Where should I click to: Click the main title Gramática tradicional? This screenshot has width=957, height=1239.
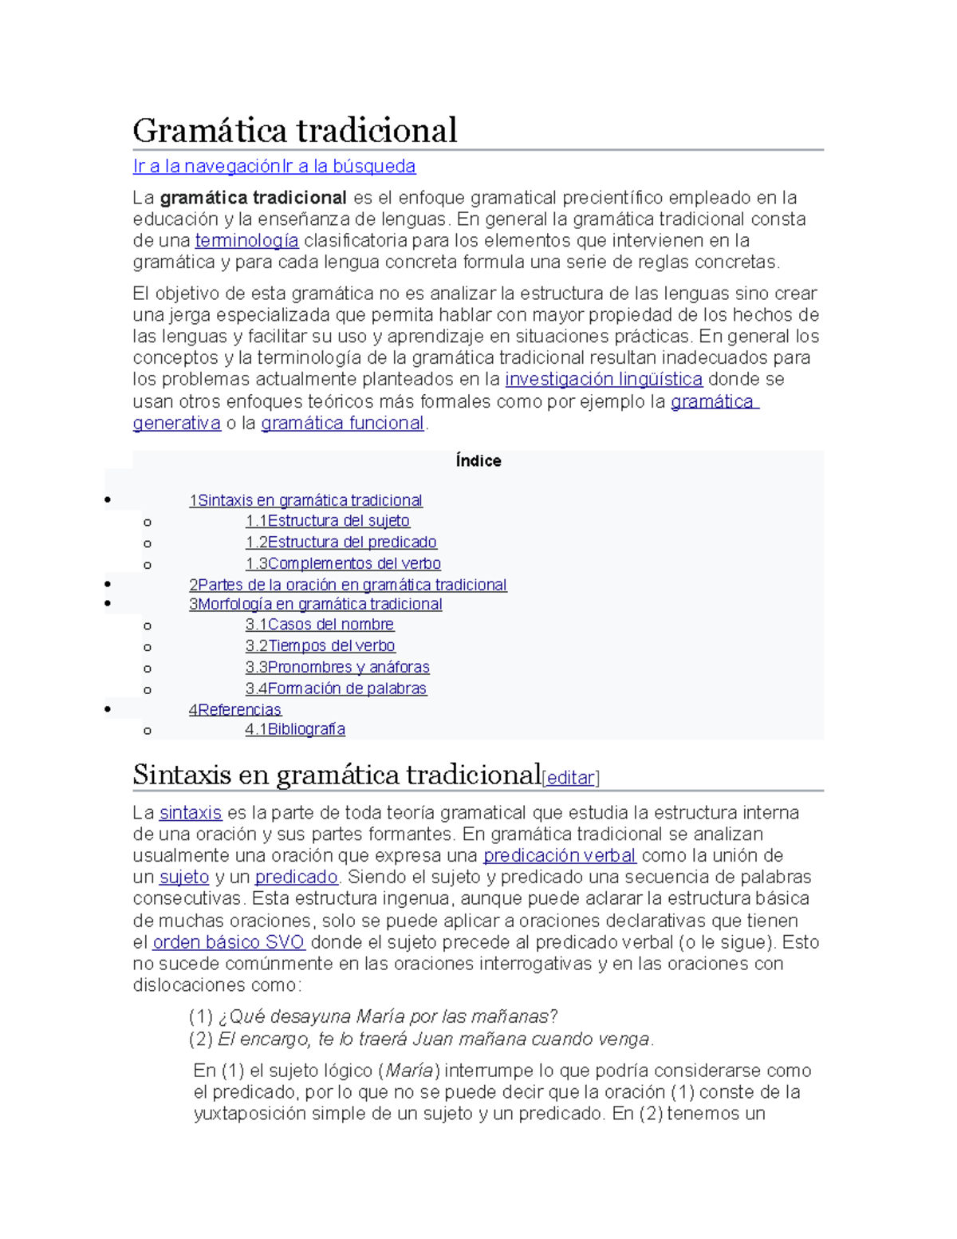(294, 130)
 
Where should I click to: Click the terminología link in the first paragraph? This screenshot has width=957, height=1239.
(246, 241)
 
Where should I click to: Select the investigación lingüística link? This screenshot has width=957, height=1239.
(604, 380)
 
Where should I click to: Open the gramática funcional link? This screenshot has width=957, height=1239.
(342, 424)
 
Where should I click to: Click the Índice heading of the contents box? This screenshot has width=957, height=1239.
(478, 461)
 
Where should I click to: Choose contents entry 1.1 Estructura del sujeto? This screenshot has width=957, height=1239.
(327, 521)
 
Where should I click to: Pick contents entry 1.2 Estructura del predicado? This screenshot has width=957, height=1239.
(341, 543)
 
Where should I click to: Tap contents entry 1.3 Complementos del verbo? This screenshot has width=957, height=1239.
(343, 564)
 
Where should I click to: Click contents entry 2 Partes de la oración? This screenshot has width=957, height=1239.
(348, 585)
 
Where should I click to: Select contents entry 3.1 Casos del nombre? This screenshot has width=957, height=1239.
(319, 625)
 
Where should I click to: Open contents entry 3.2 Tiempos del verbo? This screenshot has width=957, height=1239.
(320, 646)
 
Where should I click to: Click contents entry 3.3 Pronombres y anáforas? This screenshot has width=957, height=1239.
(337, 667)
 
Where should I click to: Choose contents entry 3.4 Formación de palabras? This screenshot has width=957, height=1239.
(336, 689)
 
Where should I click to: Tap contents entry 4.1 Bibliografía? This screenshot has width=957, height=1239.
(295, 729)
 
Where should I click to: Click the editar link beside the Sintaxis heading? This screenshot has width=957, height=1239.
(570, 778)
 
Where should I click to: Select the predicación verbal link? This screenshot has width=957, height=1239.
(559, 856)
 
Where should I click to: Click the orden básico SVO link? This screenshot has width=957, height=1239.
(228, 942)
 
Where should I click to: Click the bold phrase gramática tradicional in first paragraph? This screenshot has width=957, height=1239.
(253, 198)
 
